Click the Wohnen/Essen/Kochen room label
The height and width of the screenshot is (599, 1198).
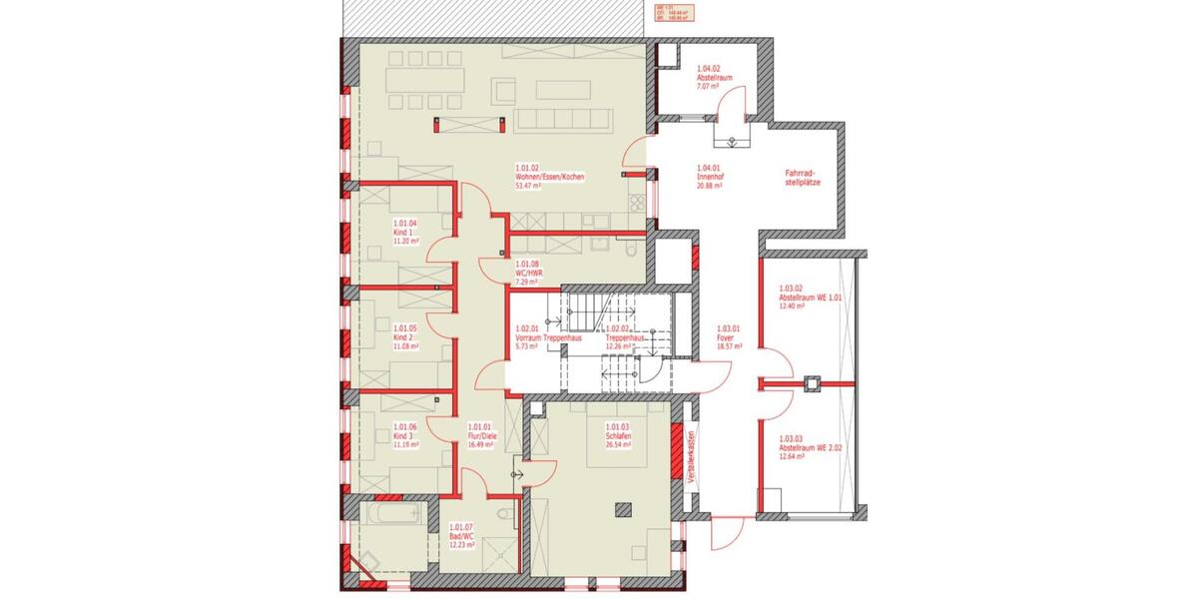[x=549, y=177]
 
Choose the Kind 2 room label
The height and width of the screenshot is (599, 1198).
[x=403, y=337]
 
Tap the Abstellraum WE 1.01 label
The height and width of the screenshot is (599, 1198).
[x=811, y=298]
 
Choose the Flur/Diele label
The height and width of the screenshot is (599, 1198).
[x=481, y=436]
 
